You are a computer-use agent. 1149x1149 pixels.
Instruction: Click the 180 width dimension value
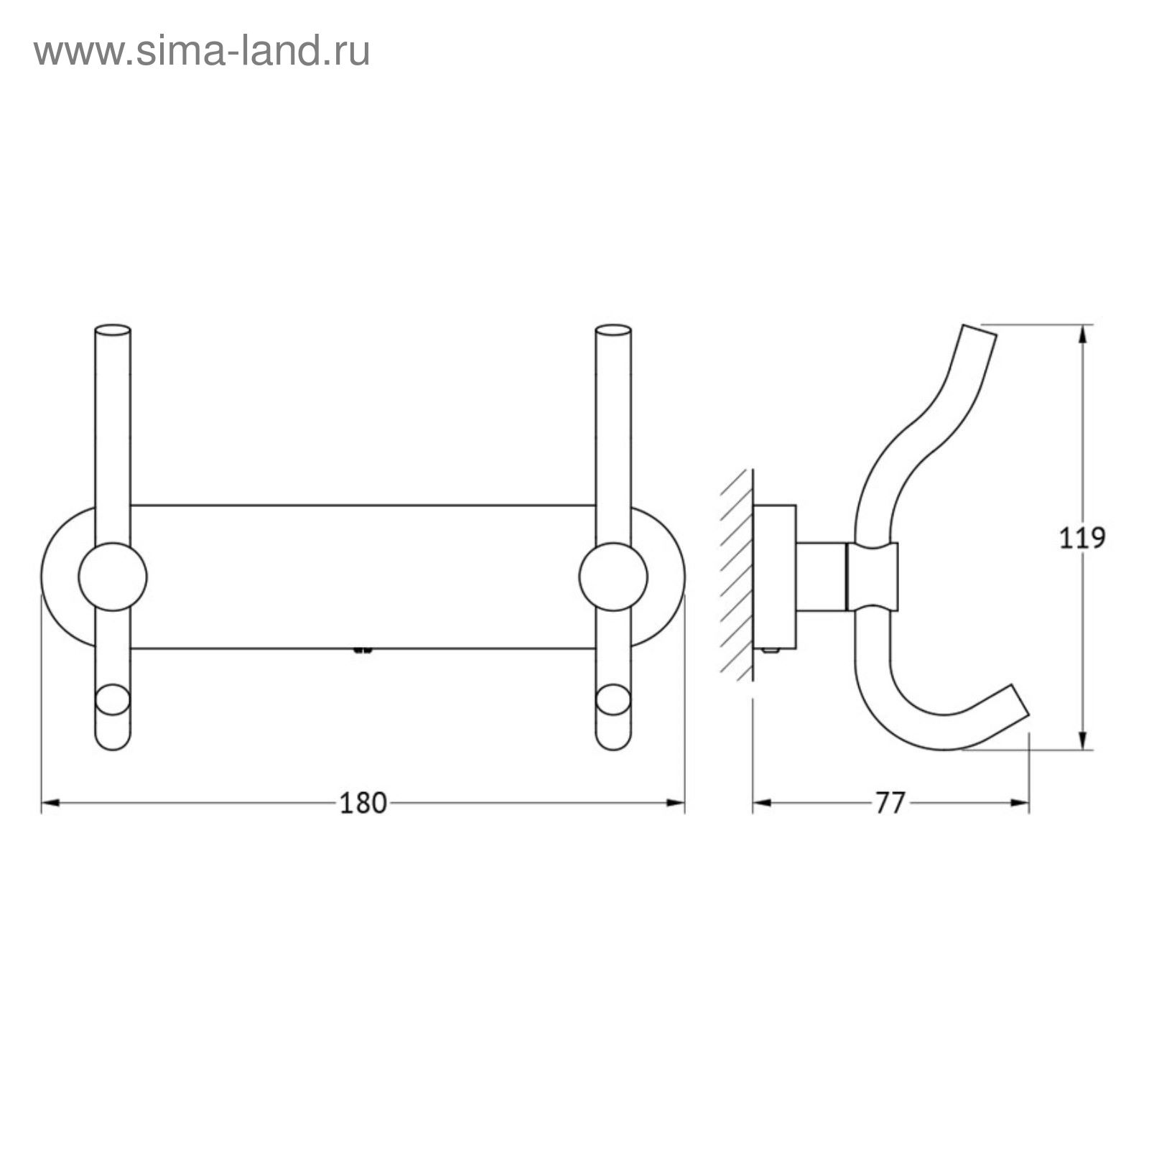(363, 803)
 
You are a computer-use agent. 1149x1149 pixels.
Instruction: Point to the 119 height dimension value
(1083, 538)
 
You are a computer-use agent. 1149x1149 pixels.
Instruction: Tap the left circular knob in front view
(113, 577)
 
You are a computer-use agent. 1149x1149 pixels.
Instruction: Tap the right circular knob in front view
(613, 577)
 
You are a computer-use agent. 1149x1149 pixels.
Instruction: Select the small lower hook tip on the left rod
(113, 700)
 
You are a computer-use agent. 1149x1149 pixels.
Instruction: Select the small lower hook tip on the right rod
(613, 700)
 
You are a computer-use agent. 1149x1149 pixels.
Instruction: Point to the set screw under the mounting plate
(363, 651)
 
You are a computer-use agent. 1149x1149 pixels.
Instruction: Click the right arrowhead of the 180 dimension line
(676, 803)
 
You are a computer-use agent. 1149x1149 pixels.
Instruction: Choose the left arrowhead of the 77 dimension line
(762, 803)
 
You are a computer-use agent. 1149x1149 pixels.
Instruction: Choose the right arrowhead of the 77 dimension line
(1020, 803)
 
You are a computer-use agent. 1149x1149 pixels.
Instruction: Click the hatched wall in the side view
(736, 574)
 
